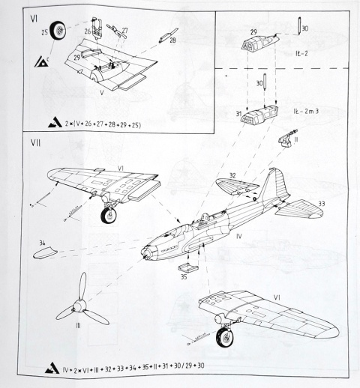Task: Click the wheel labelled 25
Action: tap(58, 34)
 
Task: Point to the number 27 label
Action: tap(124, 31)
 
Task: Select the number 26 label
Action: tap(87, 31)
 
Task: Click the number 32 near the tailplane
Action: tap(233, 176)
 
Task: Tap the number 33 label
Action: tap(322, 202)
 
